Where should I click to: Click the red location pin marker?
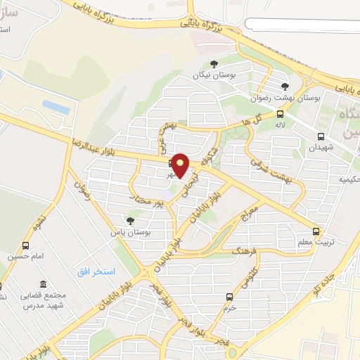click(x=181, y=166)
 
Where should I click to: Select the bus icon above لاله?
click(x=281, y=114)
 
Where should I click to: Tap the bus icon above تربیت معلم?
click(x=316, y=231)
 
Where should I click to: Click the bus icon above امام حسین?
click(x=26, y=245)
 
